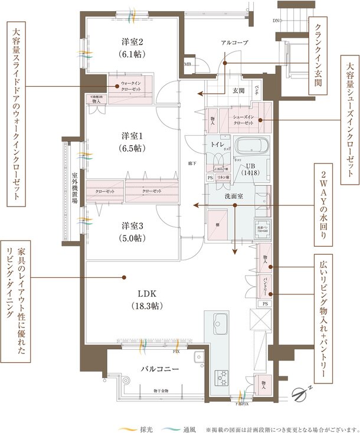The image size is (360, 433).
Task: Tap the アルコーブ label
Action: click(x=234, y=43)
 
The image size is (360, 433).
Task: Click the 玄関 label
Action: click(x=238, y=90)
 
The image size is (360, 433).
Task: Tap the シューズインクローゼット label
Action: click(x=243, y=120)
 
